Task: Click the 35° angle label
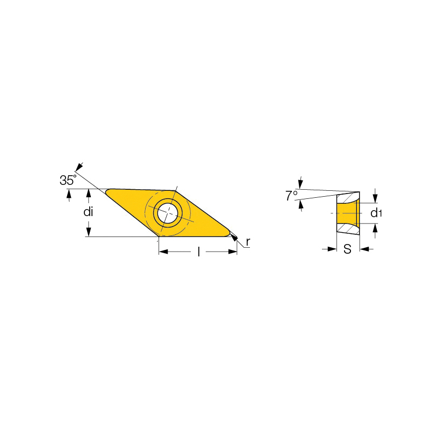[x=68, y=180]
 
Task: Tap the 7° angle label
[x=291, y=196]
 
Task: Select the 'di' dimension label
[x=88, y=212]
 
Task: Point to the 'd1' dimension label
[x=376, y=213]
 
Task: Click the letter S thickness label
[x=347, y=249]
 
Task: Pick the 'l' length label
[x=199, y=252]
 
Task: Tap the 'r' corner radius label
[x=248, y=242]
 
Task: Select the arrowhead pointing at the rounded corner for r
[x=234, y=238]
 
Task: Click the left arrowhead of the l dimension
[x=163, y=252]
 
